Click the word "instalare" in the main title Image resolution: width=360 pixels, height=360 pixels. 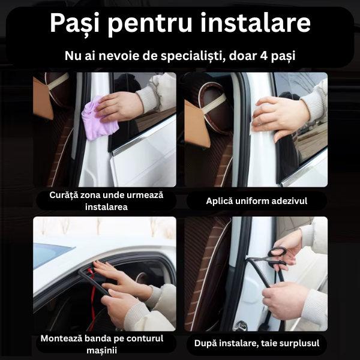point(256,22)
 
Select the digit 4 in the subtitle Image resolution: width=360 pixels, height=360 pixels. point(264,56)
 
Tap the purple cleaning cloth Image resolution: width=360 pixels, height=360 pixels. point(99,119)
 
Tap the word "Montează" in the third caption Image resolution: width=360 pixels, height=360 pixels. point(61,338)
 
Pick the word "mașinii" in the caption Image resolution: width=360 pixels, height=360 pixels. point(102,350)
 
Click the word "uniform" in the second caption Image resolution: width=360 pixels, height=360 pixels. point(253,201)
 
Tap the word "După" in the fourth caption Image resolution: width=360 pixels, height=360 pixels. point(205,344)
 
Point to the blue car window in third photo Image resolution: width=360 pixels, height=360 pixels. point(51,254)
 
